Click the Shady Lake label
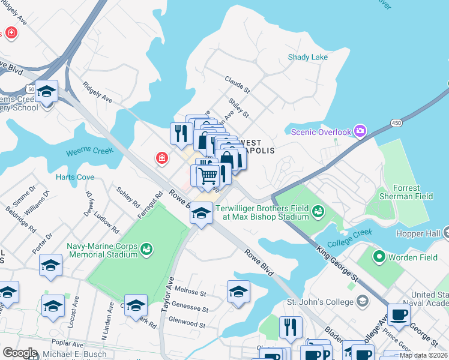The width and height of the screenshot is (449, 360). click(x=308, y=57)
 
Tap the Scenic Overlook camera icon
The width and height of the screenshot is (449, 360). click(x=360, y=131)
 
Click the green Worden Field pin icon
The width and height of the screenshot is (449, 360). click(x=379, y=257)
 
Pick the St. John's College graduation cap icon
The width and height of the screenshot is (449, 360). click(x=361, y=301)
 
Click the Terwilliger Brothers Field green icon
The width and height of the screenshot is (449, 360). click(x=318, y=210)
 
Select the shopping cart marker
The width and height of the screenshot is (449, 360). click(x=208, y=176)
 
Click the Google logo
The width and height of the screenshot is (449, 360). click(x=19, y=353)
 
